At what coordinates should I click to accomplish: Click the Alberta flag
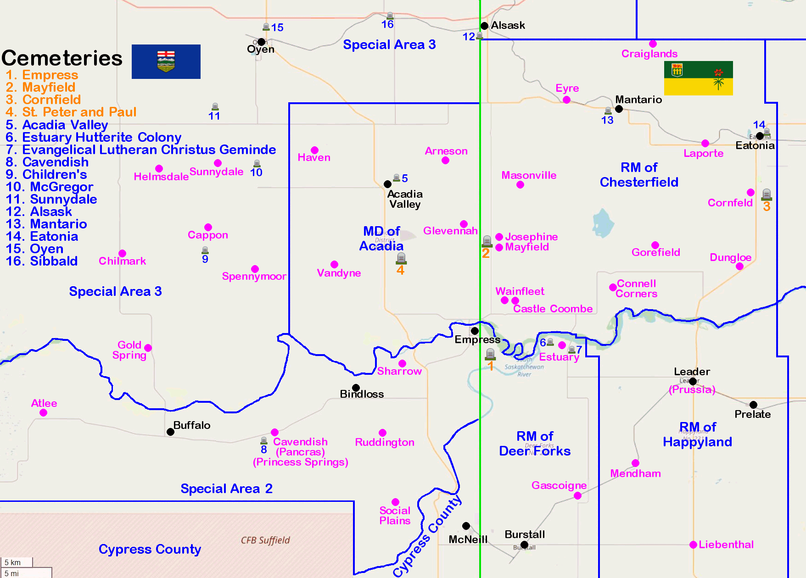[166, 61]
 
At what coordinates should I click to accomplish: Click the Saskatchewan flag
[698, 78]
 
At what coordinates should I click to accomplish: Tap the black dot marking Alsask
[484, 26]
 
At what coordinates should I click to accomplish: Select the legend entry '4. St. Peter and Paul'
[71, 112]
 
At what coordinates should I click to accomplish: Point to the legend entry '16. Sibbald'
[42, 261]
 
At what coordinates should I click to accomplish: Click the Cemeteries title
[62, 58]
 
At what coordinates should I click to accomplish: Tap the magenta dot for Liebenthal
[693, 545]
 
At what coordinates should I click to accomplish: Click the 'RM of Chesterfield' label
[639, 175]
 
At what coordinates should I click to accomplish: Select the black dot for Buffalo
[170, 432]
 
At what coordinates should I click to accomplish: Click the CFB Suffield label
[265, 540]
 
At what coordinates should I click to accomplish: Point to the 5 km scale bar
[17, 562]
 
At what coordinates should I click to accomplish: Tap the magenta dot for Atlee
[43, 412]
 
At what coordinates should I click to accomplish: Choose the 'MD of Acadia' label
[381, 239]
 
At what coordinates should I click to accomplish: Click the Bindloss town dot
[356, 388]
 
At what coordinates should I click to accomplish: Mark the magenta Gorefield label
[655, 252]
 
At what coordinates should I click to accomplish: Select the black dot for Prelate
[753, 405]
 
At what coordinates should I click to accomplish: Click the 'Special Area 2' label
[226, 489]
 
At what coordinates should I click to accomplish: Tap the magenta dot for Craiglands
[653, 44]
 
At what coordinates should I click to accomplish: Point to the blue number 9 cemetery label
[205, 259]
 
